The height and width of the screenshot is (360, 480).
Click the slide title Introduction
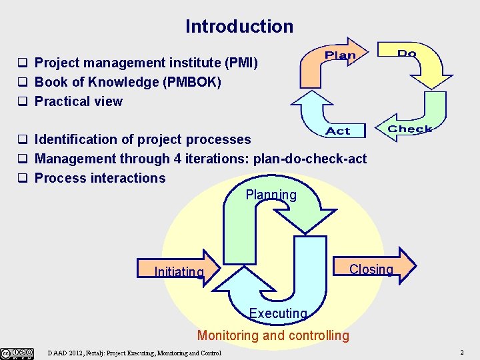click(239, 27)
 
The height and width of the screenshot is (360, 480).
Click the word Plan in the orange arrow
click(340, 55)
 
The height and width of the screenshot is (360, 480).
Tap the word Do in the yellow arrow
click(407, 53)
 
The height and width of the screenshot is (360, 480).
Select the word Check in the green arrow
click(410, 129)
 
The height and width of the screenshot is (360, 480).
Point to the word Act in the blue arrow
click(338, 131)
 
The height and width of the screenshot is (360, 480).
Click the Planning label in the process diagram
click(271, 195)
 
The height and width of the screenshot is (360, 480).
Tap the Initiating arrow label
click(179, 272)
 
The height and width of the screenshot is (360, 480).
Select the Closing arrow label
click(371, 269)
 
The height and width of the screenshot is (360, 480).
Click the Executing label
click(278, 313)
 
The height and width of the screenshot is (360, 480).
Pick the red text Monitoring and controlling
click(273, 335)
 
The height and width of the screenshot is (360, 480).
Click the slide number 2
click(462, 351)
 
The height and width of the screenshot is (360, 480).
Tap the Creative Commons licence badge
click(17, 352)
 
